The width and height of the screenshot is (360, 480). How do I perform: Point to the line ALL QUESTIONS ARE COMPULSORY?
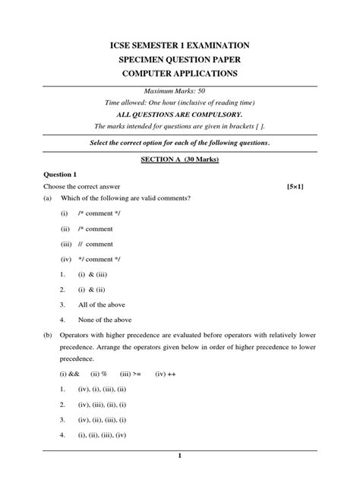coord(179,114)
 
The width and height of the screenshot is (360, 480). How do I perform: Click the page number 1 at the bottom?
coord(179,456)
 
